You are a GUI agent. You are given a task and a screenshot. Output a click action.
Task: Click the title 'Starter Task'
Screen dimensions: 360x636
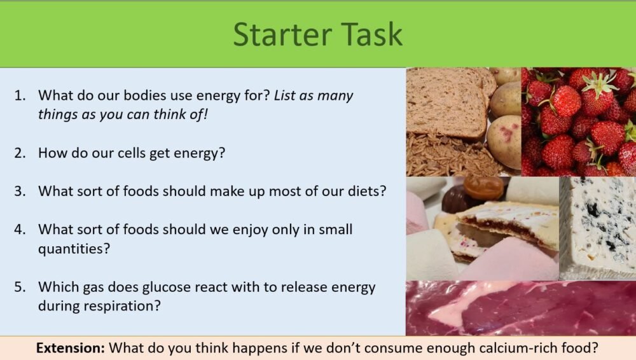coord(317,34)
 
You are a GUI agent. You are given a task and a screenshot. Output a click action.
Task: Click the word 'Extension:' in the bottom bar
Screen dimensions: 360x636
coord(71,349)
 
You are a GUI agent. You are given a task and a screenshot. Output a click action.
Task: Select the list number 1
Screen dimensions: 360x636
coord(20,95)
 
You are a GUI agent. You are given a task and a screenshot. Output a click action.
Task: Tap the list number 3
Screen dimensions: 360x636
coord(20,191)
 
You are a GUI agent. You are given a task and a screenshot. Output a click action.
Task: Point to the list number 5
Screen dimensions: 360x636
coord(20,287)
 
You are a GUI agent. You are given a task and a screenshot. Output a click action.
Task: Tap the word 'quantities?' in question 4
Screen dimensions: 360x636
coord(74,248)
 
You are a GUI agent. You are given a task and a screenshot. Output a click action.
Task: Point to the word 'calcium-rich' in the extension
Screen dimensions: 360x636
coord(491,349)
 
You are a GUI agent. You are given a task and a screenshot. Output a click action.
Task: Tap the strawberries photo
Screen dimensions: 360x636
coord(579,121)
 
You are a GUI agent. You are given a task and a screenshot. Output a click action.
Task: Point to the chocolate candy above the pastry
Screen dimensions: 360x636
coord(483,188)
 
